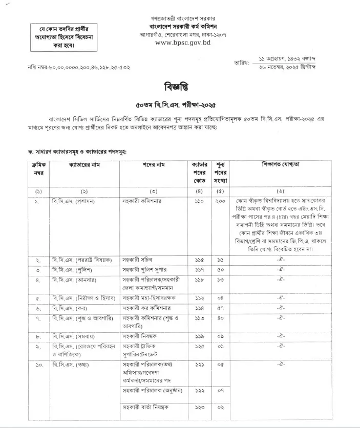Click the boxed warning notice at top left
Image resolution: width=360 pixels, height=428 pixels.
62,37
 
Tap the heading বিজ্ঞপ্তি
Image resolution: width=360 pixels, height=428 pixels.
180,85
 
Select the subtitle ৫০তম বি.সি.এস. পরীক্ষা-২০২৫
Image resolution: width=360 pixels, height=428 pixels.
180,104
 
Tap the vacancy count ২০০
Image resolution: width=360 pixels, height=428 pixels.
221,201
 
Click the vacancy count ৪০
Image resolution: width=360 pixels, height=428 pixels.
221,319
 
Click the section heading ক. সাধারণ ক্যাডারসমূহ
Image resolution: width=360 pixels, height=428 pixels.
77,152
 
